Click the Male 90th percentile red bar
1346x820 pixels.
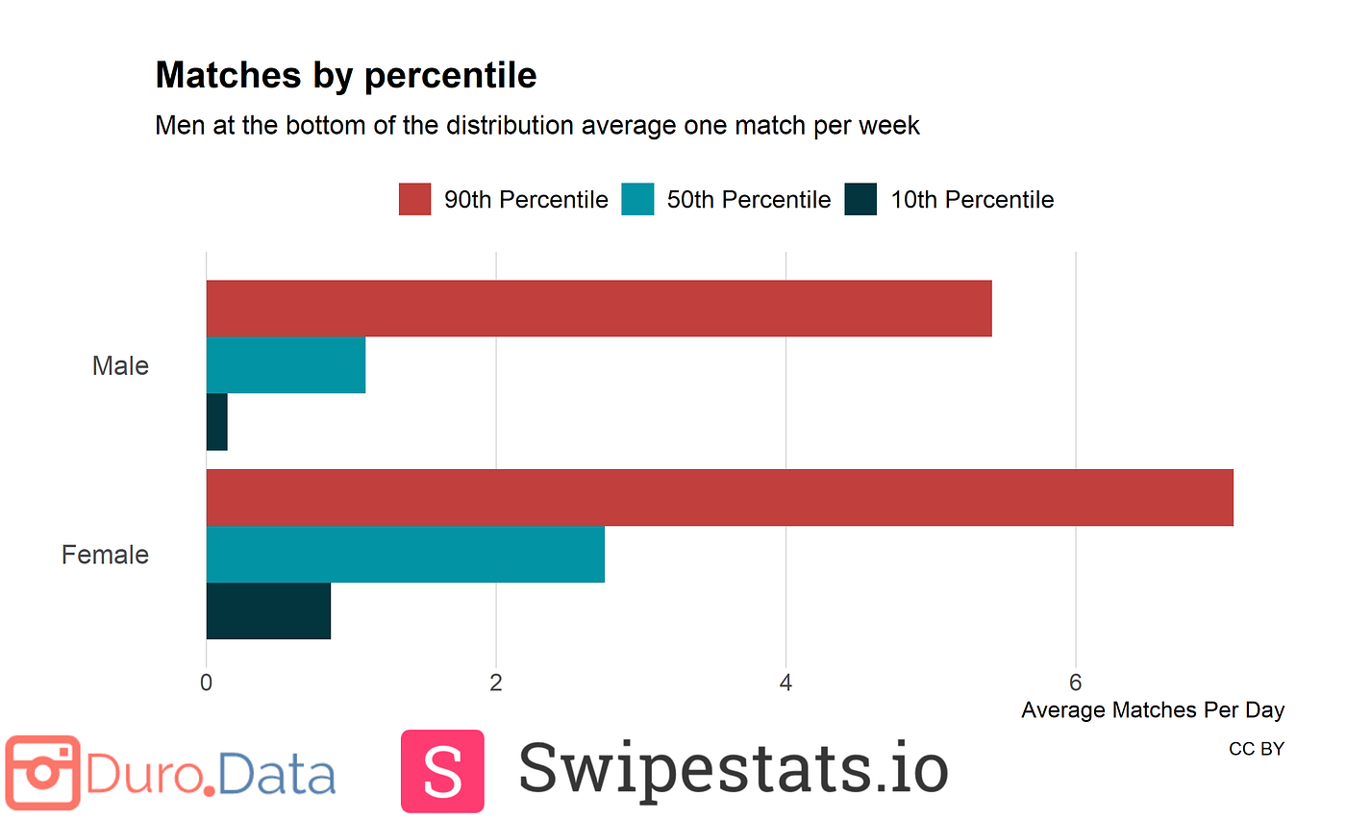(598, 309)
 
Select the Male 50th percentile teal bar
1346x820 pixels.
(286, 364)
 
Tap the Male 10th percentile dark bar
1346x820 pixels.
(216, 421)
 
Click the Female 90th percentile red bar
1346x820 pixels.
(719, 497)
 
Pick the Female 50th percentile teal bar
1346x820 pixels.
(405, 554)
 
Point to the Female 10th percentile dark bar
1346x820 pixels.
(268, 610)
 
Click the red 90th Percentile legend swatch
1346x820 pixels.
(414, 200)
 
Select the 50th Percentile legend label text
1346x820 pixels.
(748, 200)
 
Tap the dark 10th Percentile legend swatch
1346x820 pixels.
(860, 200)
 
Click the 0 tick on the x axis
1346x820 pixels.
(206, 683)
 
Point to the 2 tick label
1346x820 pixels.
(496, 683)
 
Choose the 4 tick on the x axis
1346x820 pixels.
(785, 683)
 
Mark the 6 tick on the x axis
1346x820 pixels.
(1075, 683)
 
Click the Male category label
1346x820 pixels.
(120, 366)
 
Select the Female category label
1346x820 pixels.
(105, 556)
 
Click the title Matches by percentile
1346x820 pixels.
(345, 75)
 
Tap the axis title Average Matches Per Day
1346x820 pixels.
(1152, 710)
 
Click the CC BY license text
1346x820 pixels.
(1256, 749)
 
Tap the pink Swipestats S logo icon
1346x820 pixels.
(442, 771)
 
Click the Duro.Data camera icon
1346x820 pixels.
(42, 773)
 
